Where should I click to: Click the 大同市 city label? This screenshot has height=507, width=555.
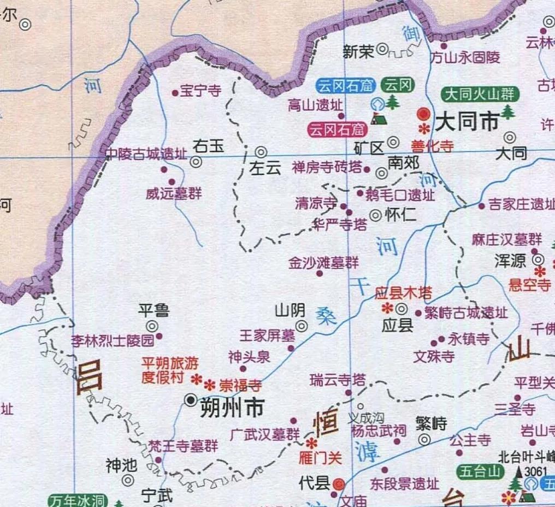[x=467, y=121]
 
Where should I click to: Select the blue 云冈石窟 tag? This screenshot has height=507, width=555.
[x=345, y=86]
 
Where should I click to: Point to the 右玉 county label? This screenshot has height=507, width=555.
[x=209, y=146]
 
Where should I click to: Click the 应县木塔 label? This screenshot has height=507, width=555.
[x=403, y=293]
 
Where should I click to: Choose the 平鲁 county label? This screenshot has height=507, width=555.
[x=153, y=311]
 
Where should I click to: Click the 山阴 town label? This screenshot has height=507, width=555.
[x=290, y=311]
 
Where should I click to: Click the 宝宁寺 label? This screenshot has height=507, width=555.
[x=200, y=91]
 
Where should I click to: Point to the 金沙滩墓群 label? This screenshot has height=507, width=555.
[x=324, y=263]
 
